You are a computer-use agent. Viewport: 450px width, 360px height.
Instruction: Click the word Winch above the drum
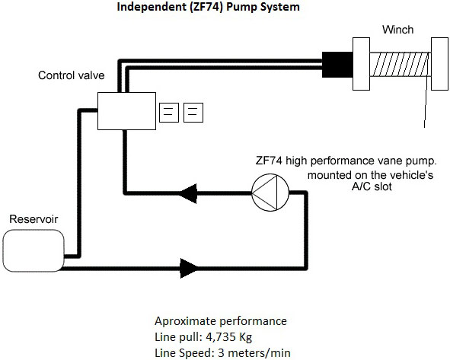tap(397, 30)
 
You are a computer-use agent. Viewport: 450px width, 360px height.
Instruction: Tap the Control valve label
tap(71, 75)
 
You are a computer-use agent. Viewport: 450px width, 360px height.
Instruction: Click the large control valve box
tap(126, 111)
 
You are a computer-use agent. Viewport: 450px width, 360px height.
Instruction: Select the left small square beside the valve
tap(169, 113)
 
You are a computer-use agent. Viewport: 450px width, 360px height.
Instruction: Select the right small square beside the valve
tap(193, 113)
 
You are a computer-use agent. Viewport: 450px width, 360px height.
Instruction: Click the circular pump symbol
tap(270, 193)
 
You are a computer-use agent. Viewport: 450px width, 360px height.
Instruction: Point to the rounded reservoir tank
tap(34, 250)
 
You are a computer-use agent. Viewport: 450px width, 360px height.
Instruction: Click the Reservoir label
tap(34, 219)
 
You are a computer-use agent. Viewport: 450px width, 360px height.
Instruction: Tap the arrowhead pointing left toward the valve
tap(188, 193)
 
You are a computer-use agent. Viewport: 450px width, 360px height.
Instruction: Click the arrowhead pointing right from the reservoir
tap(189, 268)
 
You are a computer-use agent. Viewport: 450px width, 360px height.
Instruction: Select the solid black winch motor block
tap(337, 65)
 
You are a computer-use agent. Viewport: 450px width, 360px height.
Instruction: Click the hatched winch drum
tap(400, 64)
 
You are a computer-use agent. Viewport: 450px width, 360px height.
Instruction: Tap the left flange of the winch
tap(361, 64)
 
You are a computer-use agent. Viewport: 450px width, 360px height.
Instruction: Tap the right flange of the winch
tap(439, 64)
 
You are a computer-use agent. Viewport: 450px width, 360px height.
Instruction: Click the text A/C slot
tap(372, 186)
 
